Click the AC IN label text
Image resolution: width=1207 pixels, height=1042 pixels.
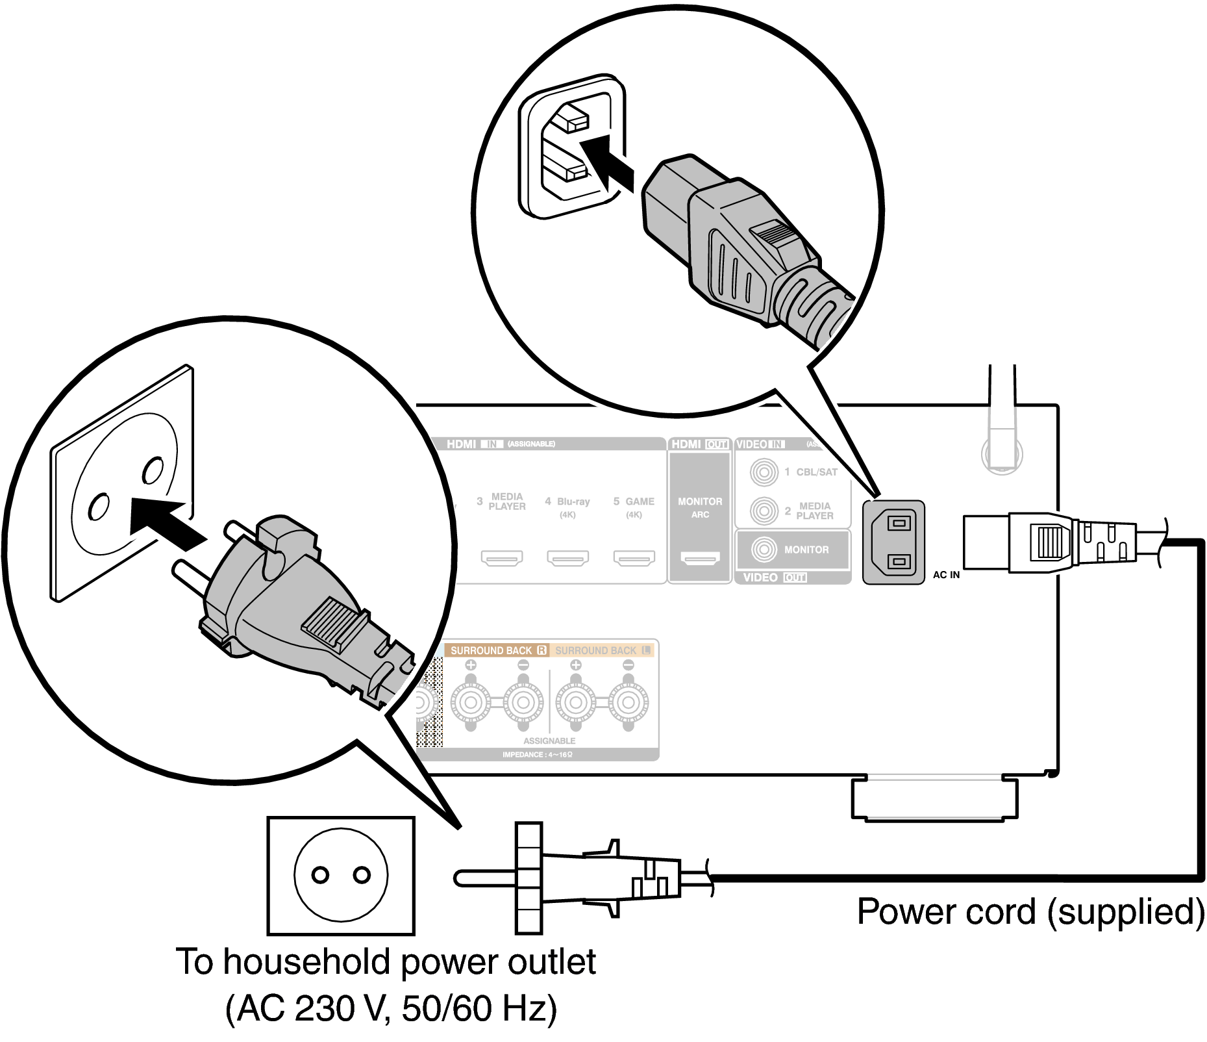click(946, 575)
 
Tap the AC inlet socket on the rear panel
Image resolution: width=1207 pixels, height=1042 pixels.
click(894, 542)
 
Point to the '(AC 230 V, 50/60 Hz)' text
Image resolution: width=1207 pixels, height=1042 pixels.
click(392, 1008)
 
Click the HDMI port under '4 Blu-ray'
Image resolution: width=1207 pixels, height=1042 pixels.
click(567, 558)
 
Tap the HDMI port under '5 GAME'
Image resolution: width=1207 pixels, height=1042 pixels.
click(634, 558)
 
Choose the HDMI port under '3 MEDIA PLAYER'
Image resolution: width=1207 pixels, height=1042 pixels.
click(502, 558)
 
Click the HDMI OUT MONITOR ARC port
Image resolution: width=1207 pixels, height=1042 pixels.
click(700, 558)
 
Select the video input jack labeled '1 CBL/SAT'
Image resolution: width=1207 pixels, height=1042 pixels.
click(764, 472)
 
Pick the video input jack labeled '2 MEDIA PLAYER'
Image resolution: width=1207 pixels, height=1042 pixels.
click(764, 511)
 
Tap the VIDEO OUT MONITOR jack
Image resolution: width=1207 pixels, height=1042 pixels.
click(764, 550)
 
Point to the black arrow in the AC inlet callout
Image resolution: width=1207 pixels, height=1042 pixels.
click(606, 162)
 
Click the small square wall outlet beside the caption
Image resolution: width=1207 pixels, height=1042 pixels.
click(341, 875)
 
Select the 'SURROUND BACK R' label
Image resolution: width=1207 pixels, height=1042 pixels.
click(497, 650)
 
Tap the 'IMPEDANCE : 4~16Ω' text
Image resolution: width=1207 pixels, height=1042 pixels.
click(537, 755)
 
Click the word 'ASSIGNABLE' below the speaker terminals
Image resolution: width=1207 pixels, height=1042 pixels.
click(549, 741)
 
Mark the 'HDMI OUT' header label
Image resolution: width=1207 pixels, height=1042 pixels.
click(699, 444)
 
